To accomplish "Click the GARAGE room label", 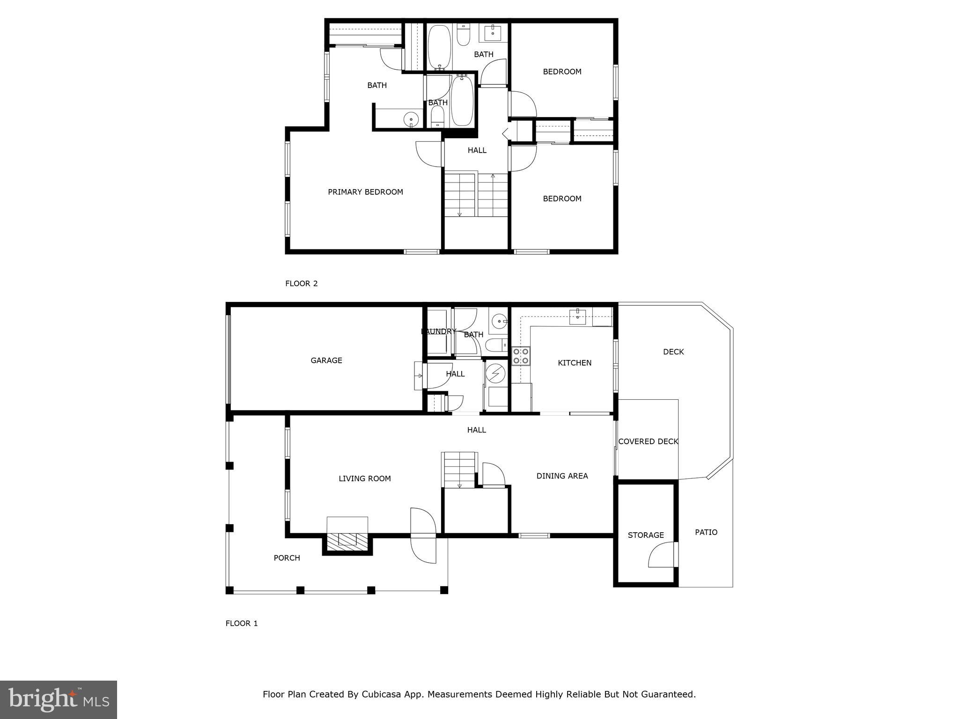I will click(x=326, y=360).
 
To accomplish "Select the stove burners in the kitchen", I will click(x=520, y=356).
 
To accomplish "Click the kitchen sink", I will click(x=577, y=317).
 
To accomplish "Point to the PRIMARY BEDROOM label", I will click(x=365, y=192).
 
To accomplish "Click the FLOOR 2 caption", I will click(x=301, y=283).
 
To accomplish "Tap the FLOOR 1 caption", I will click(x=242, y=623).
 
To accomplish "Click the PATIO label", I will click(x=706, y=532).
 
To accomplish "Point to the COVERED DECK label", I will click(x=648, y=441).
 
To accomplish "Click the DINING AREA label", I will click(x=562, y=476).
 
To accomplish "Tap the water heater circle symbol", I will click(x=495, y=374).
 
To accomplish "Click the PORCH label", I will click(x=287, y=558).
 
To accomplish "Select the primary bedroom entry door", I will click(x=428, y=154).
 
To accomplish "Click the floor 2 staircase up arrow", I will click(x=493, y=177).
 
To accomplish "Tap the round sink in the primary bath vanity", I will click(x=411, y=119).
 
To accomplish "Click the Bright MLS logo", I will click(x=59, y=699).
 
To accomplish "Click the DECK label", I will click(x=673, y=352).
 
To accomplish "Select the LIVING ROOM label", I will click(x=364, y=478).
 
